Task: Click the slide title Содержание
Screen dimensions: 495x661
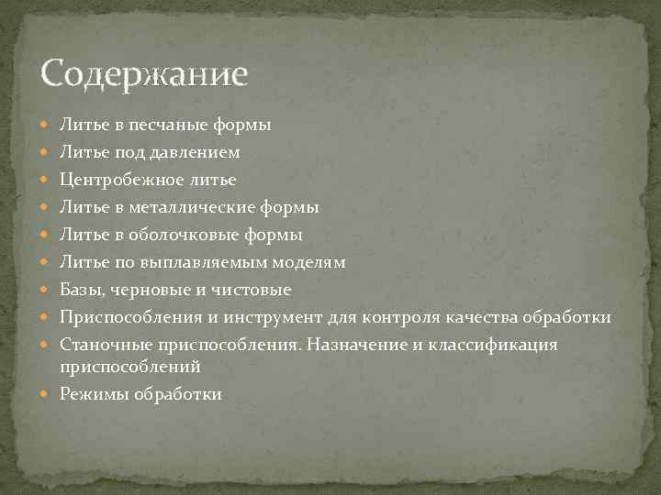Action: pyautogui.click(x=144, y=73)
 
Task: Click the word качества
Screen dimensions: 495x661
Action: pyautogui.click(x=481, y=318)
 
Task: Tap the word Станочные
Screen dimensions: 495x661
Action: pyautogui.click(x=102, y=346)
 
